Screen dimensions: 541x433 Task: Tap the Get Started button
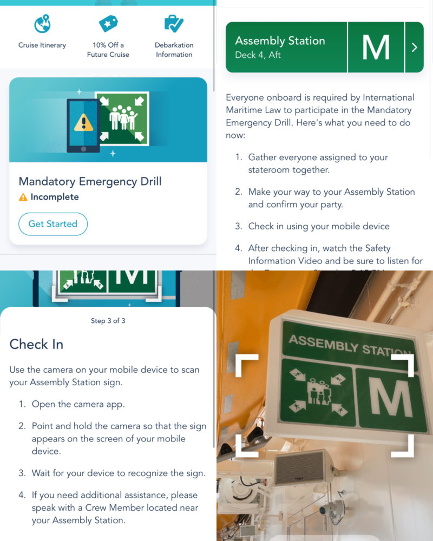pos(53,224)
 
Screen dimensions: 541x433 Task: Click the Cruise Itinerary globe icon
pos(43,24)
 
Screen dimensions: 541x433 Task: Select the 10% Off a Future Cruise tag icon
pos(108,24)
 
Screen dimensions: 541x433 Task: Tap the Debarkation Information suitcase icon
pos(174,24)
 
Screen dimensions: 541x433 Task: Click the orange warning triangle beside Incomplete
pos(23,197)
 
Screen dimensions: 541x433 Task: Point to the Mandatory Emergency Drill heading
pos(90,181)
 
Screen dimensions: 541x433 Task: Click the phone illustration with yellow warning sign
pos(83,125)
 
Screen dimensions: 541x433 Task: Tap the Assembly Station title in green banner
pos(280,41)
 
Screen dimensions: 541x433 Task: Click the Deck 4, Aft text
pos(258,55)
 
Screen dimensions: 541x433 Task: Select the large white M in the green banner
pos(376,47)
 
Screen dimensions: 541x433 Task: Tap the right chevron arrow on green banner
pos(414,48)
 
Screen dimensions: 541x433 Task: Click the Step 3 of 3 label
pos(108,321)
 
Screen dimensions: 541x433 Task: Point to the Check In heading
pos(36,344)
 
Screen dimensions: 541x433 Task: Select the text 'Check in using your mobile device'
pos(319,226)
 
